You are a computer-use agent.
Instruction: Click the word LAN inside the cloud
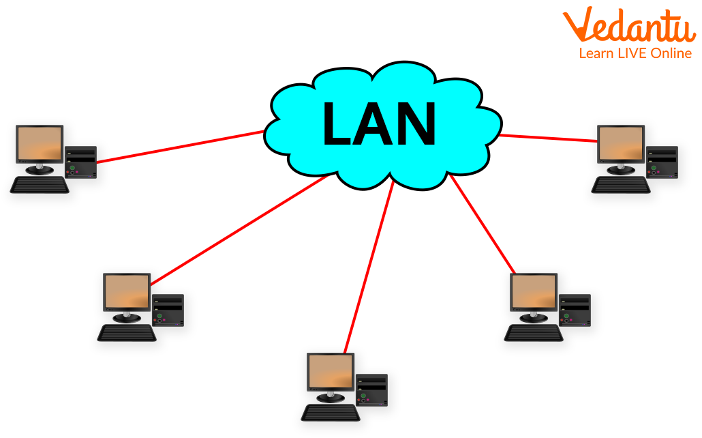[x=379, y=124]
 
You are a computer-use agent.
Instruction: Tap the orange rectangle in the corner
[x=628, y=32]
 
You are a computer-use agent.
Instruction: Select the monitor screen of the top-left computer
[x=40, y=143]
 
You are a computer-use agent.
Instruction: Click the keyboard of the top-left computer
[x=40, y=185]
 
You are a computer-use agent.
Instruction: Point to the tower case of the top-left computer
[x=81, y=162]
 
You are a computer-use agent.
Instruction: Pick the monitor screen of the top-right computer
[x=620, y=143]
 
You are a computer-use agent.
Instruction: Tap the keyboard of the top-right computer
[x=620, y=185]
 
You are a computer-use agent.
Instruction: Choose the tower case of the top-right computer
[x=662, y=162]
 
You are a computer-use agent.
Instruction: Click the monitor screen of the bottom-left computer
[x=126, y=291]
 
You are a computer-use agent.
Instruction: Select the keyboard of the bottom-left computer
[x=126, y=333]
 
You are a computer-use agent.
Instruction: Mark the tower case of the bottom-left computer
[x=168, y=310]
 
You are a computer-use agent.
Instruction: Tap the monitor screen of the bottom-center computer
[x=330, y=371]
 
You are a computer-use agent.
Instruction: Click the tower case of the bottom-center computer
[x=371, y=390]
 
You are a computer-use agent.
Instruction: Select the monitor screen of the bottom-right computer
[x=533, y=291]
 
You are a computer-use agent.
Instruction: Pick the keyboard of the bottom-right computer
[x=533, y=333]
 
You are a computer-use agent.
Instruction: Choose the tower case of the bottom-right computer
[x=575, y=310]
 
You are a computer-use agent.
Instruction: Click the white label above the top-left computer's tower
[x=85, y=131]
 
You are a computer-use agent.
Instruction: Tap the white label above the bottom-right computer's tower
[x=579, y=279]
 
